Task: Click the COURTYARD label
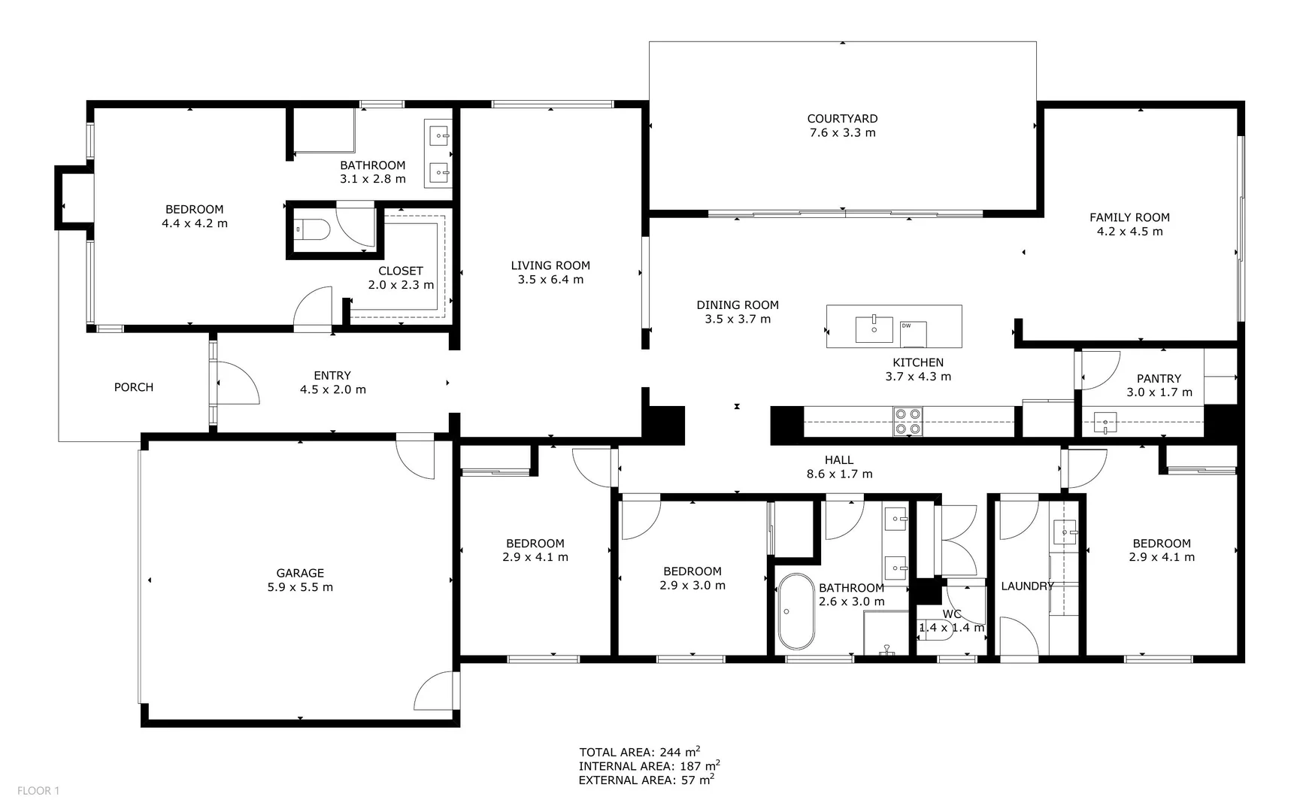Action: [x=842, y=119]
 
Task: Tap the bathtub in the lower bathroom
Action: [x=796, y=612]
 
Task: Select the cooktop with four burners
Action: [x=908, y=422]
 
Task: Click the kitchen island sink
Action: [x=874, y=329]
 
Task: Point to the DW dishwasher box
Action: [x=913, y=334]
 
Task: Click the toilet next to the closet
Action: [x=311, y=229]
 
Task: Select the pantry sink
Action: [x=1105, y=424]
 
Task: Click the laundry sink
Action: [x=1064, y=532]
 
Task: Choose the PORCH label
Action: [x=134, y=387]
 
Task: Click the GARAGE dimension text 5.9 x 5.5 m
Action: [x=300, y=587]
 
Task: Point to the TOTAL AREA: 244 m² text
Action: [x=640, y=752]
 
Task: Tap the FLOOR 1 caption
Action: [x=38, y=790]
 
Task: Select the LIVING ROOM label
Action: [x=550, y=265]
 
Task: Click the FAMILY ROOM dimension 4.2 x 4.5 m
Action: [x=1129, y=232]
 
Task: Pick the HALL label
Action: [x=839, y=460]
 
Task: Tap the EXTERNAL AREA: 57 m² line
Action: [x=646, y=780]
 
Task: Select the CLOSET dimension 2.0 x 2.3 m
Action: [x=401, y=285]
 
